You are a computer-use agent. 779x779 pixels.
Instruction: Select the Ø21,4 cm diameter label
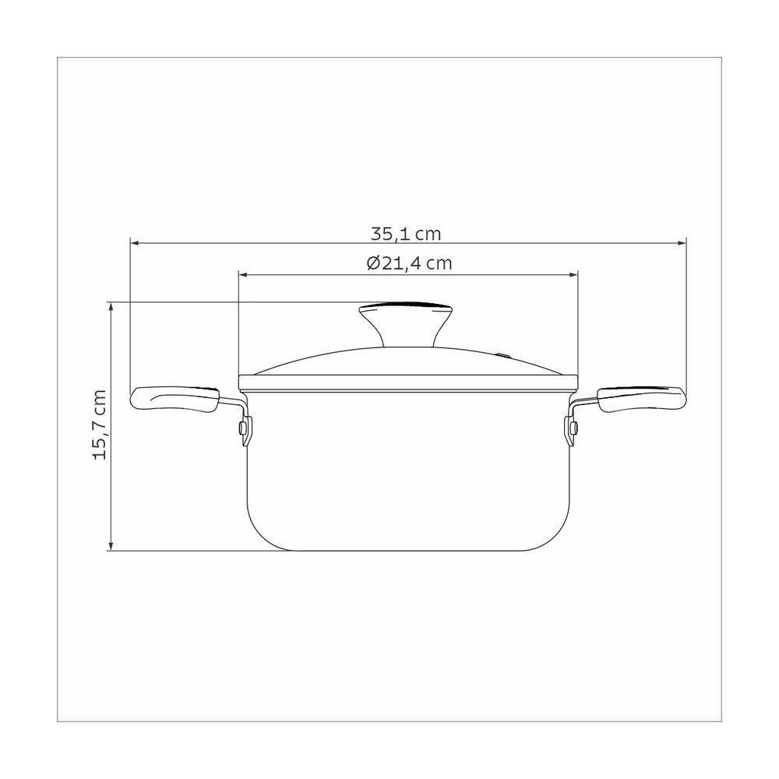(408, 263)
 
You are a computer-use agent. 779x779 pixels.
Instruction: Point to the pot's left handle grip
(175, 399)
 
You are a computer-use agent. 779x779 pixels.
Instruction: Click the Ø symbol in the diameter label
(372, 263)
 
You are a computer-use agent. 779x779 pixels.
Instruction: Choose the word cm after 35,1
(429, 234)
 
